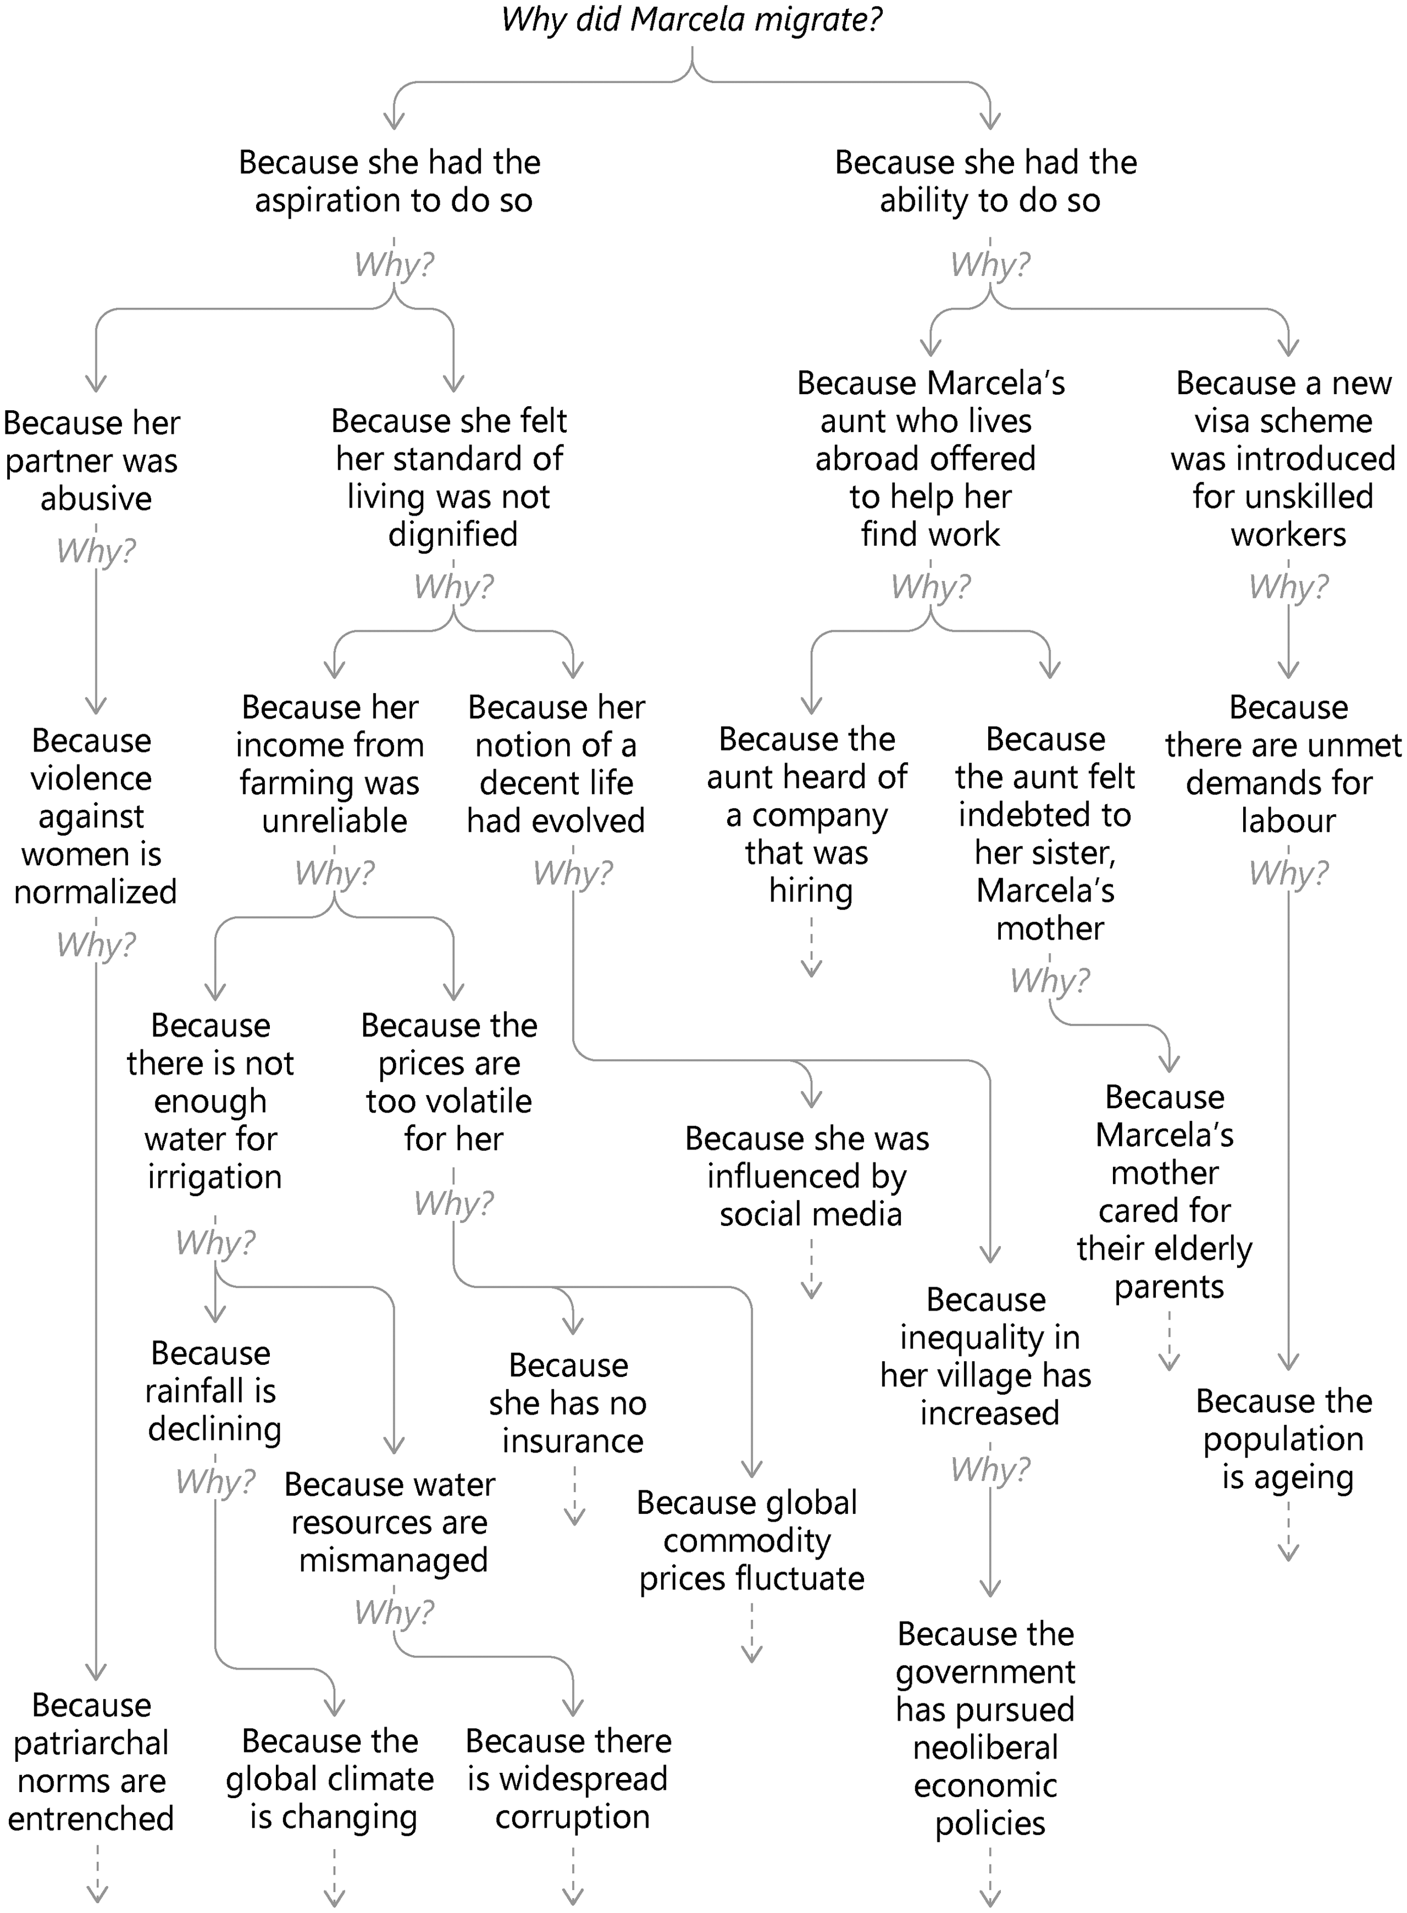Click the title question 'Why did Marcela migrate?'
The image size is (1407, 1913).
click(x=691, y=19)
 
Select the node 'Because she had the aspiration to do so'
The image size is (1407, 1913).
click(x=391, y=182)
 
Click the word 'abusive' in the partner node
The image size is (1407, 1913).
click(x=96, y=498)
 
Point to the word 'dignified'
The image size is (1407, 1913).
click(x=453, y=535)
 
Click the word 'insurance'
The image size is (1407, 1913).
click(x=572, y=1441)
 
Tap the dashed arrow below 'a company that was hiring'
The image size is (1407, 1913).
click(x=812, y=946)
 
